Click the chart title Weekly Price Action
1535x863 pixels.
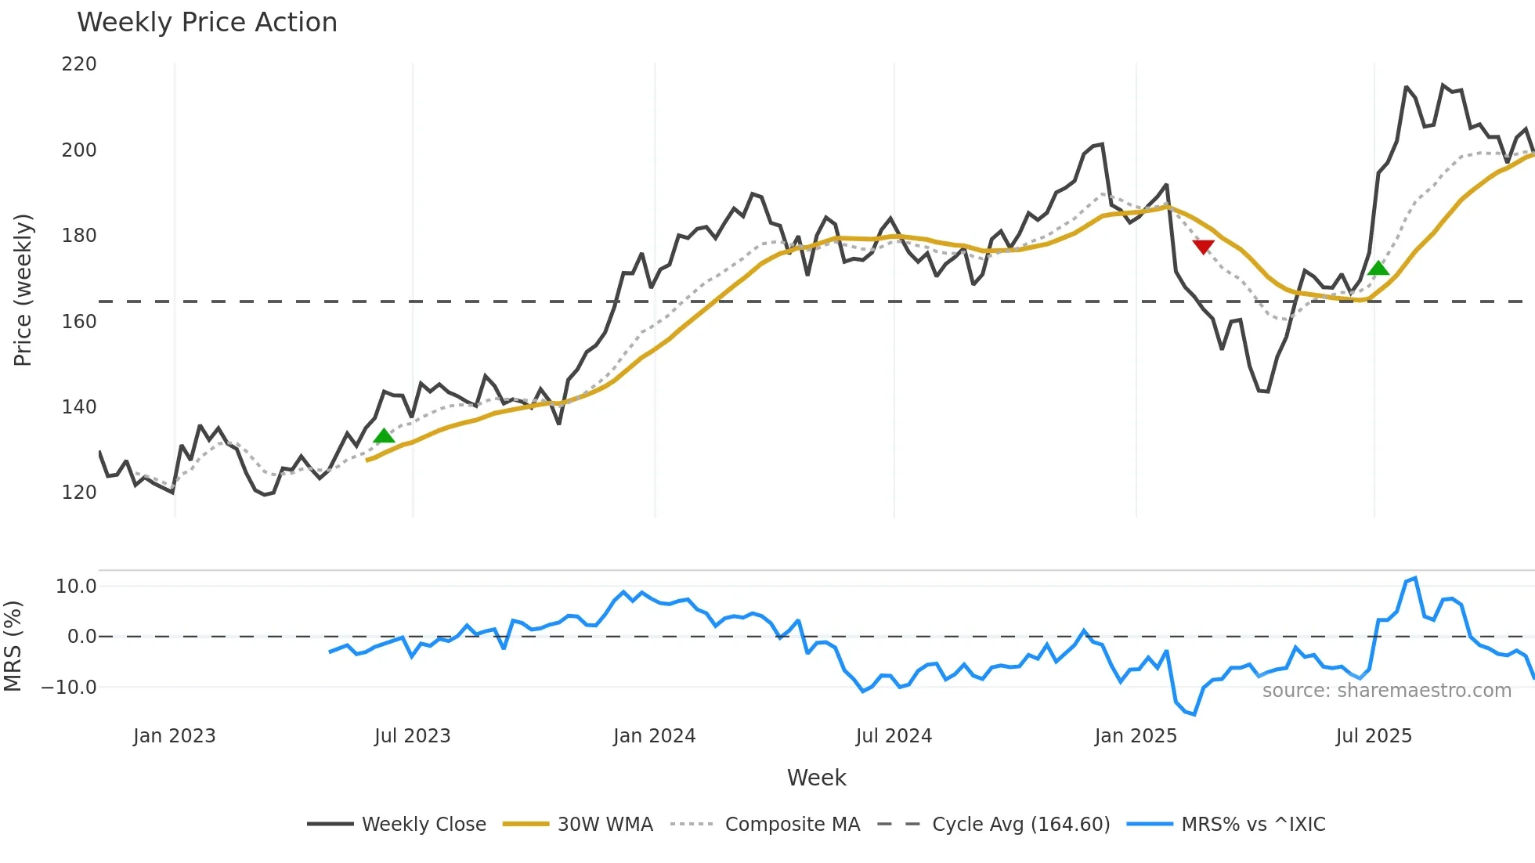click(x=207, y=23)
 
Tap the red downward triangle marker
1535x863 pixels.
click(x=1203, y=247)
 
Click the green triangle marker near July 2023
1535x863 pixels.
click(x=384, y=435)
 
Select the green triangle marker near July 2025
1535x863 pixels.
click(x=1378, y=269)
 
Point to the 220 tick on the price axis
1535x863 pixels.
click(x=79, y=64)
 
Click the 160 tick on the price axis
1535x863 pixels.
click(x=79, y=321)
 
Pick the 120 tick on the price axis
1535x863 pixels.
click(x=79, y=493)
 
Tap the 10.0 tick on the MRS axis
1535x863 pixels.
click(x=76, y=587)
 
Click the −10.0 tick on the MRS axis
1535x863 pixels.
click(x=69, y=688)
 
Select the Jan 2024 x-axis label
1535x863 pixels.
click(x=654, y=736)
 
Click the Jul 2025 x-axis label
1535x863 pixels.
click(x=1374, y=736)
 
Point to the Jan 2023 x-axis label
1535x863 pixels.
click(x=174, y=736)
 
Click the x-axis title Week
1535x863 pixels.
click(x=816, y=778)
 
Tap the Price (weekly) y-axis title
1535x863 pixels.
click(x=23, y=290)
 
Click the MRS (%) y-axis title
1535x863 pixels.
click(x=13, y=646)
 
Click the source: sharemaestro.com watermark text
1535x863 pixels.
click(x=1386, y=691)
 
